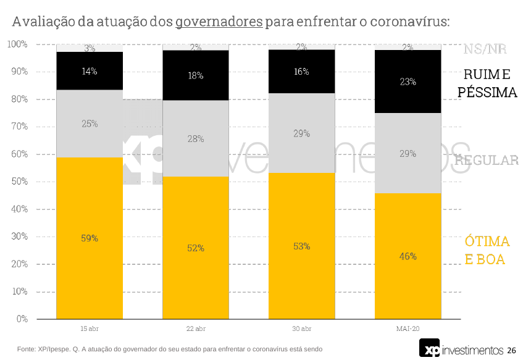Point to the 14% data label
[90, 71]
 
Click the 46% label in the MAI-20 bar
[408, 256]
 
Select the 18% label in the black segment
[196, 76]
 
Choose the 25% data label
[90, 123]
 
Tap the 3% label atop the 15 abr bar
[90, 48]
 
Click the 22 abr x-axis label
[196, 328]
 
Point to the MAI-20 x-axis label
[408, 328]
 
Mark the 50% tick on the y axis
[19, 182]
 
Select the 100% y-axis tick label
[17, 44]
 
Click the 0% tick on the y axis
[22, 319]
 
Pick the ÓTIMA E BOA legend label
[487, 250]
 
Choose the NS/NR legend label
[485, 49]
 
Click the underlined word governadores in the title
[219, 22]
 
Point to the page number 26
[511, 350]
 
